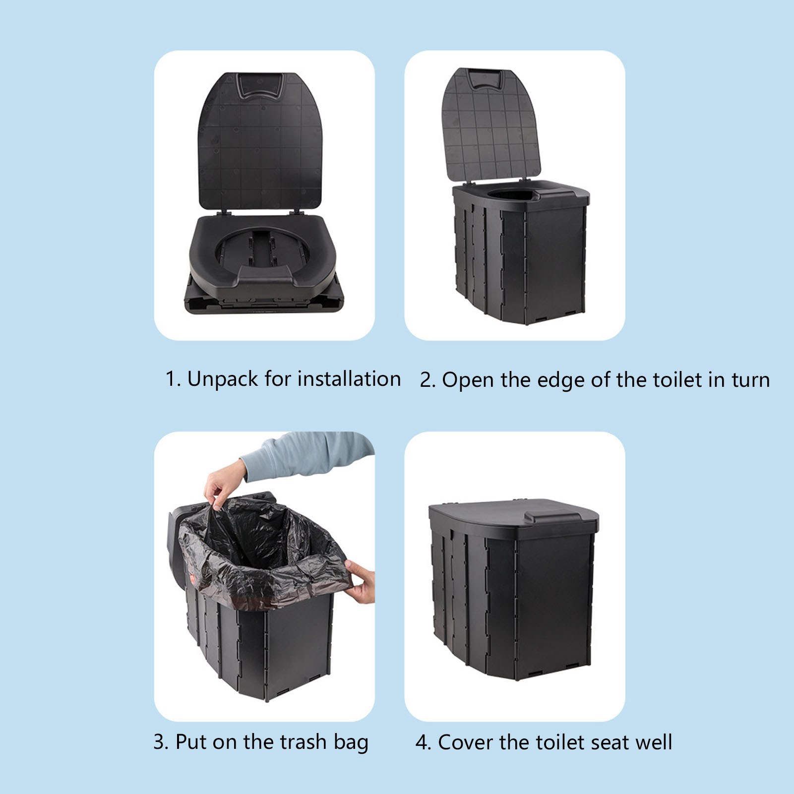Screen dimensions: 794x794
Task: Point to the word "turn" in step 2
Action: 750,380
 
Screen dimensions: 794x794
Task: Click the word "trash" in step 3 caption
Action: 303,742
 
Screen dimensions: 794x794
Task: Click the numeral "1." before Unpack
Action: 173,379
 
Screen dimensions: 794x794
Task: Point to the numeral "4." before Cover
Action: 423,742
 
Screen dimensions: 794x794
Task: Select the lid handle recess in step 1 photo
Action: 260,85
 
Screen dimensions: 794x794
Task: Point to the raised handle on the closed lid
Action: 551,516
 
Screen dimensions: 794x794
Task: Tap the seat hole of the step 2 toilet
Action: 511,193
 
